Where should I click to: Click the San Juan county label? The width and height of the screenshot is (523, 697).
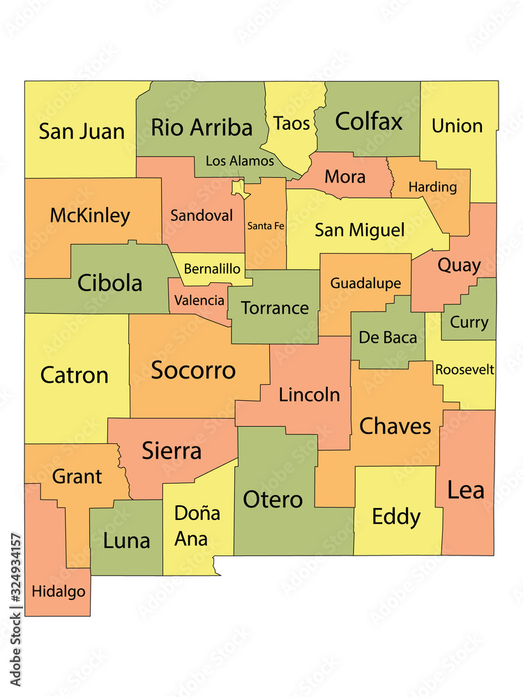(82, 131)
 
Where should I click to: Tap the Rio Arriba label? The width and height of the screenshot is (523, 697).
(202, 128)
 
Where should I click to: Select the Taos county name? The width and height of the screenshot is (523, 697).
(291, 123)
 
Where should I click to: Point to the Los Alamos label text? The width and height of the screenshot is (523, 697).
(240, 161)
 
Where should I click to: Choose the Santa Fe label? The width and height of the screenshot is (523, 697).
(266, 226)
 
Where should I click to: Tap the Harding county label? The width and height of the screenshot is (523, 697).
(432, 187)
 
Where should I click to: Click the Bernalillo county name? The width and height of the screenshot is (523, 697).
(212, 269)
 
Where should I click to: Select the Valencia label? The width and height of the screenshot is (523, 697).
(199, 300)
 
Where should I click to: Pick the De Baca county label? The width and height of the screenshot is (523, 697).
(388, 338)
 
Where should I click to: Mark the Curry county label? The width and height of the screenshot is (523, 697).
(469, 323)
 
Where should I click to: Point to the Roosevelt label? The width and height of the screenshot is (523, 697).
(464, 369)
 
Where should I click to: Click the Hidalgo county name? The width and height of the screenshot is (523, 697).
(59, 592)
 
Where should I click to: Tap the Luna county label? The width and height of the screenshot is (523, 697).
(126, 541)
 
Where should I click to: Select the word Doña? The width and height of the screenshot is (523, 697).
(197, 514)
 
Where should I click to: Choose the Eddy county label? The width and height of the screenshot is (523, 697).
(396, 517)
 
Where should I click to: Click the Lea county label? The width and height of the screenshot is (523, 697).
(466, 490)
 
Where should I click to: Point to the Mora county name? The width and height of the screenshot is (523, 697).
(345, 177)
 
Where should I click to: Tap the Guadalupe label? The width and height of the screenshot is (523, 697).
(365, 283)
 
